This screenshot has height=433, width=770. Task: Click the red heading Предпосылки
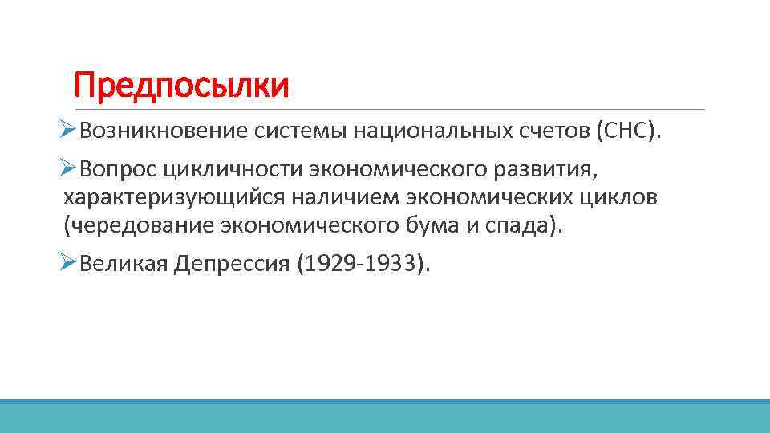pyautogui.click(x=180, y=86)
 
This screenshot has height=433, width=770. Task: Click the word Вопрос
pyautogui.click(x=118, y=168)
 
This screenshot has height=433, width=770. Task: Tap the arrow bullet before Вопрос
pyautogui.click(x=68, y=168)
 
